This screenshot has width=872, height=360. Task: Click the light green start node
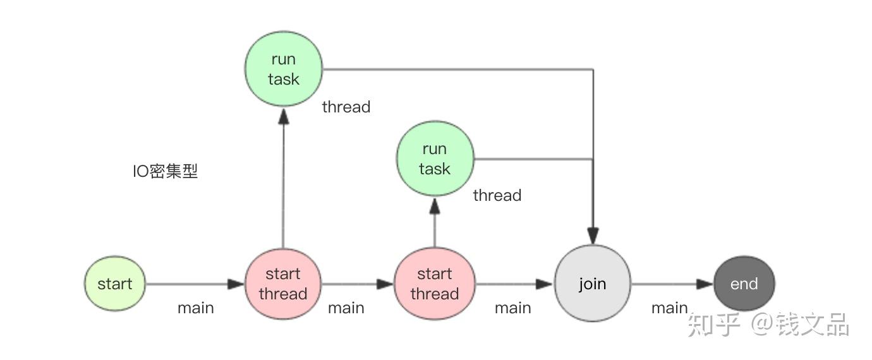click(114, 284)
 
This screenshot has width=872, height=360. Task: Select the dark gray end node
click(744, 284)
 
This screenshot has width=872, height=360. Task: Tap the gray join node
click(593, 284)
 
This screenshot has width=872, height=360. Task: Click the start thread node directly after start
click(282, 284)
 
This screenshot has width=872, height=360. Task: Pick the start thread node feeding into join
click(434, 284)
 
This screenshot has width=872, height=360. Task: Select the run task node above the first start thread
click(283, 69)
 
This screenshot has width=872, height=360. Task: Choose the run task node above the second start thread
click(435, 159)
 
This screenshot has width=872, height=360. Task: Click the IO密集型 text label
click(165, 171)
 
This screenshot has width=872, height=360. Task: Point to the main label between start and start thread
click(195, 308)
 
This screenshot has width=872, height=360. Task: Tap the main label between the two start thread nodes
click(346, 308)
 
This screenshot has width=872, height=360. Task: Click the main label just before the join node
click(512, 308)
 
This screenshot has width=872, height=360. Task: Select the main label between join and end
click(669, 308)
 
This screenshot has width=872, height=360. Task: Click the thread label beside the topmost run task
click(346, 107)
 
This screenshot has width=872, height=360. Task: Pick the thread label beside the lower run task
click(497, 195)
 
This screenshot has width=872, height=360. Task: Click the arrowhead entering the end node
click(705, 284)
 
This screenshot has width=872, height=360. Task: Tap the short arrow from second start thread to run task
click(435, 224)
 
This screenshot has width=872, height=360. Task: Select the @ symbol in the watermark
click(761, 325)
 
